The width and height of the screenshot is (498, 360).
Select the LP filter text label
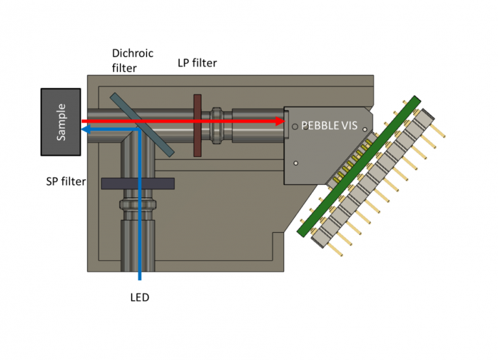click(197, 63)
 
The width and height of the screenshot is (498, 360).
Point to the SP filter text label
click(65, 182)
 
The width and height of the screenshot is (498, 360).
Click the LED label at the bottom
click(139, 298)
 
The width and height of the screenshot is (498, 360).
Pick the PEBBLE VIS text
click(329, 125)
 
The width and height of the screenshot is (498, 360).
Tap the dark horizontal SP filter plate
click(137, 184)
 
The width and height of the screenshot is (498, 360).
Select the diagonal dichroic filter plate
click(141, 125)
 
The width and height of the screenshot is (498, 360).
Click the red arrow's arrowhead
click(281, 121)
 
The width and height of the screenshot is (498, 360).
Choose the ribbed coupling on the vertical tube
click(137, 207)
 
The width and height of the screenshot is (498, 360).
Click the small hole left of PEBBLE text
click(295, 126)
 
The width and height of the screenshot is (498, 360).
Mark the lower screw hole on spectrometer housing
click(295, 163)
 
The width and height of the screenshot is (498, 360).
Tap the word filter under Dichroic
click(124, 67)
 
